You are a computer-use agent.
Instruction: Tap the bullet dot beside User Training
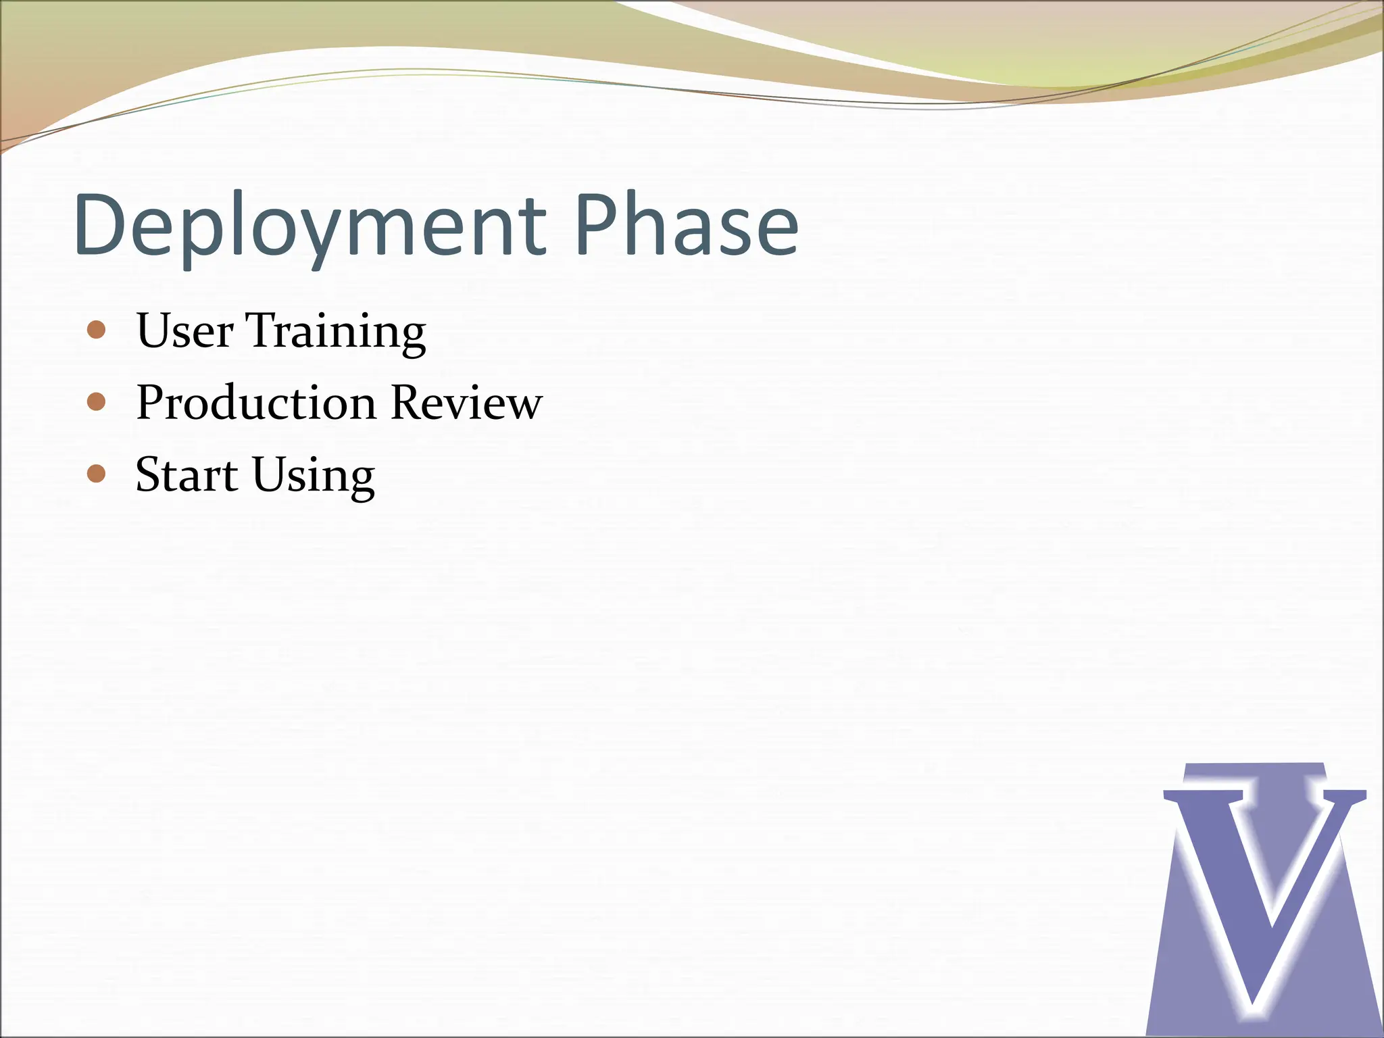pyautogui.click(x=97, y=330)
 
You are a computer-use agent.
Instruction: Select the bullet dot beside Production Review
pyautogui.click(x=97, y=403)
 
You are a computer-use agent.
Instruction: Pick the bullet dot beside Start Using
pyautogui.click(x=97, y=474)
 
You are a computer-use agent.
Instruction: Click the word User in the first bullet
pyautogui.click(x=184, y=330)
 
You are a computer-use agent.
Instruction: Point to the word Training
pyautogui.click(x=335, y=332)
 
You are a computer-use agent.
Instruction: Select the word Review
pyautogui.click(x=466, y=403)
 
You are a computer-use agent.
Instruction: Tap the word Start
pyautogui.click(x=186, y=474)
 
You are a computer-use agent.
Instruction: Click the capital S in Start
pyautogui.click(x=149, y=474)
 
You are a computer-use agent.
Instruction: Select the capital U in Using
pyautogui.click(x=270, y=474)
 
